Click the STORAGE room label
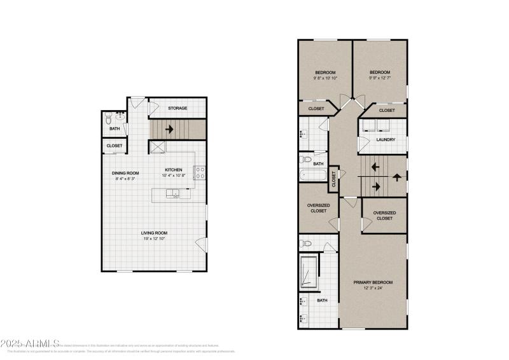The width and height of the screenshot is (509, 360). (x=178, y=108)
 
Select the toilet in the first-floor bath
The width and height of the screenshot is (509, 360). (x=108, y=118)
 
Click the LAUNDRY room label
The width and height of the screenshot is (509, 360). (x=386, y=139)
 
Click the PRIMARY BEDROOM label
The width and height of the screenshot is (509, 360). (x=373, y=282)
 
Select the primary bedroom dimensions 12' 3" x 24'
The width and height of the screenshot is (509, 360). (x=373, y=288)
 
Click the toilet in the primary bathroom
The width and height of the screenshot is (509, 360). (x=306, y=243)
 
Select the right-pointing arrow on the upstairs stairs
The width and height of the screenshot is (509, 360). (x=377, y=186)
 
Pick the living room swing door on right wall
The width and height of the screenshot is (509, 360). (x=202, y=242)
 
